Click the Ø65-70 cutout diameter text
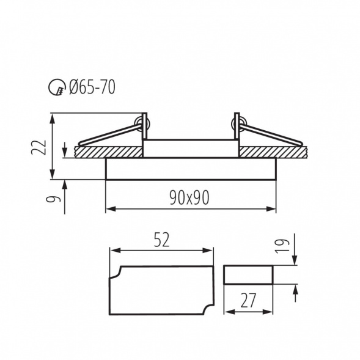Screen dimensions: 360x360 click(92, 87)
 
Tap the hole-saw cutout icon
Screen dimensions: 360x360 click(56, 87)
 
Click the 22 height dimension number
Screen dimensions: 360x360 click(39, 147)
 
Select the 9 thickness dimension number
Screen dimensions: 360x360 click(53, 199)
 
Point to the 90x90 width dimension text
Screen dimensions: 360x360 click(189, 197)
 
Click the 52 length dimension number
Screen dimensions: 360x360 click(161, 240)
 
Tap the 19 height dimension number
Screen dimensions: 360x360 click(282, 246)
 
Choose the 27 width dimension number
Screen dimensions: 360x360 click(248, 300)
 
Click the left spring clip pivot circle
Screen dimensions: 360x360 click(142, 124)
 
